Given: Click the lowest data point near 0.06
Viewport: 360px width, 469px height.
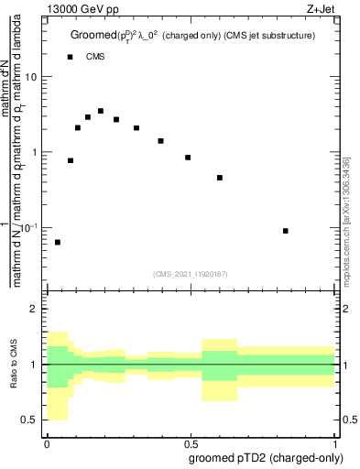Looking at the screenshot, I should [58, 242].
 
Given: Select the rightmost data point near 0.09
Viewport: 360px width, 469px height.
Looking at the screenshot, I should [286, 231].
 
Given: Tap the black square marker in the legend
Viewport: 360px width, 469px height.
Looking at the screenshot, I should [70, 57].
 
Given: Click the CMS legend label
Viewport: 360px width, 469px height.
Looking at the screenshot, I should [94, 57].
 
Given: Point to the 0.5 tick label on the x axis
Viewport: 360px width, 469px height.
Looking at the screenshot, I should [192, 442].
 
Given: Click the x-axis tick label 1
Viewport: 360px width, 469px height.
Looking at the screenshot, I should [339, 442].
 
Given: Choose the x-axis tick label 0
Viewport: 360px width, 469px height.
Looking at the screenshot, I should [47, 442].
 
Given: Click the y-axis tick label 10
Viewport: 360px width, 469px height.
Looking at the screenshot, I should [30, 77].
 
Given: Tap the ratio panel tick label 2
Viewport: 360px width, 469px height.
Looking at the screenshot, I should [34, 310].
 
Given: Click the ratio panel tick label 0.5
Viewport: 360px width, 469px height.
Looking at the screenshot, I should [29, 420].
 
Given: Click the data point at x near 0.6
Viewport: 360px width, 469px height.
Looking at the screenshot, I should [220, 178].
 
